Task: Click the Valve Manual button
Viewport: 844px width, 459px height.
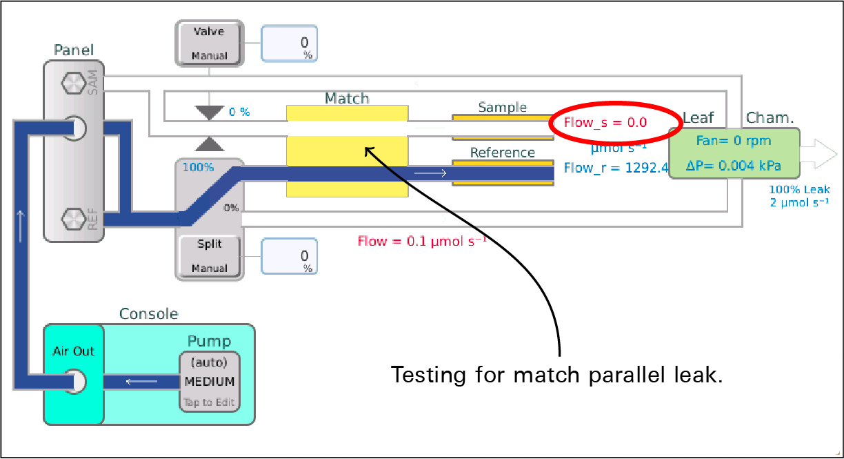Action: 210,43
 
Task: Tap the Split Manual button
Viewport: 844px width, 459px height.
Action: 210,256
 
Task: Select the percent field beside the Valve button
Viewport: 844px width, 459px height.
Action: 289,43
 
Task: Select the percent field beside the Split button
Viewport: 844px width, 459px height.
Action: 289,256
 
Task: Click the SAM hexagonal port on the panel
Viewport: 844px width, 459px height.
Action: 71,85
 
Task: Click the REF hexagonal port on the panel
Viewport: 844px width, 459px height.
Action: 71,219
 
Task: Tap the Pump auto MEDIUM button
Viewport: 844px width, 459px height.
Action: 209,382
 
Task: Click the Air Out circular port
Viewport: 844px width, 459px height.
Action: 74,381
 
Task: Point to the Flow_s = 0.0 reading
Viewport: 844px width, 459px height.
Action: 605,123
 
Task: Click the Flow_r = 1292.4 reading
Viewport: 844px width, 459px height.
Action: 616,167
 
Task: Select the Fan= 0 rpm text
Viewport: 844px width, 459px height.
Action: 733,141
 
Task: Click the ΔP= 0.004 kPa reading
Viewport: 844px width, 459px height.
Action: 733,166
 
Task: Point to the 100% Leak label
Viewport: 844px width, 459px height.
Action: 800,189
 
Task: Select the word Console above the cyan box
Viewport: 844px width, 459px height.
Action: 149,314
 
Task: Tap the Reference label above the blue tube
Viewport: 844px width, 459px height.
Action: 502,153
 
